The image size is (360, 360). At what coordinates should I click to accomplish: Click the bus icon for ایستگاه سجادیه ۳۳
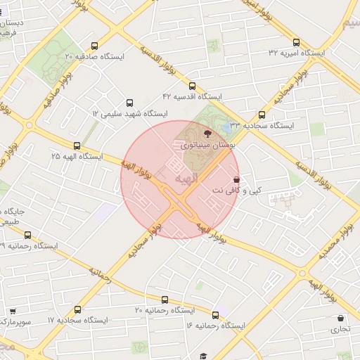(262, 115)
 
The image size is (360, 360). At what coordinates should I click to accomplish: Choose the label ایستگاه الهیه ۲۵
(77, 155)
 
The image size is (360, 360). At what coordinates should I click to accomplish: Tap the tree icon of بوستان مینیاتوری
(207, 133)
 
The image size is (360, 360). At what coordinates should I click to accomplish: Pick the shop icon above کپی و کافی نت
(236, 179)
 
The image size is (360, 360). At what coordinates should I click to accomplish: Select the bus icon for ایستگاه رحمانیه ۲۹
(27, 236)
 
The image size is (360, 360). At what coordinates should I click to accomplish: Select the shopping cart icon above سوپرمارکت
(13, 311)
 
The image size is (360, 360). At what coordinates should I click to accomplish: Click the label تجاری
(340, 328)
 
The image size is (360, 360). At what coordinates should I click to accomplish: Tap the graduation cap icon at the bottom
(203, 356)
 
